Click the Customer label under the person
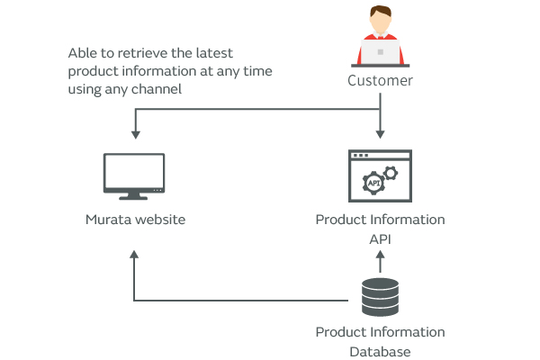pos(380,81)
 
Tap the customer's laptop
pos(380,53)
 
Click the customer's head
pos(380,20)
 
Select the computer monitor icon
pos(134,175)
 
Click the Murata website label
pos(135,219)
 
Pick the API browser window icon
pos(380,176)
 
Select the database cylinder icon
pos(380,296)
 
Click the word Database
pos(380,351)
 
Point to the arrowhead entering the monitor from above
pos(135,134)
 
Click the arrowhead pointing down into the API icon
pos(380,134)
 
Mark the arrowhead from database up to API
pos(380,255)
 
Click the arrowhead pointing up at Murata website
pos(134,255)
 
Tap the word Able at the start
pos(82,53)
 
